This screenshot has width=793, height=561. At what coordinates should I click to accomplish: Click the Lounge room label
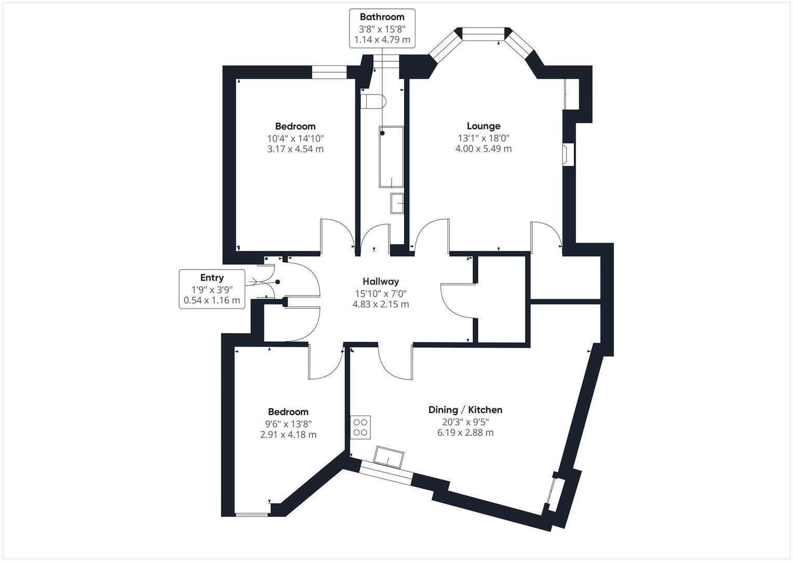tap(483, 126)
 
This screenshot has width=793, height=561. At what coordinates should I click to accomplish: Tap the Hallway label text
tap(381, 281)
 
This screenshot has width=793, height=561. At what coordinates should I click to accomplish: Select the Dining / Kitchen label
tap(465, 410)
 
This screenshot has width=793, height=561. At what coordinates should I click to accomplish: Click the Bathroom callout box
tap(382, 28)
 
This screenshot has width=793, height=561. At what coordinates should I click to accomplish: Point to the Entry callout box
tap(212, 289)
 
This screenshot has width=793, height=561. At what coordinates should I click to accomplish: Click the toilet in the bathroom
tap(373, 101)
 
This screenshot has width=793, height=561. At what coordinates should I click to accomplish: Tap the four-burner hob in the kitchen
tap(360, 427)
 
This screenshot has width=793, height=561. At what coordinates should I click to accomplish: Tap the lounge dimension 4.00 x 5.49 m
tap(483, 149)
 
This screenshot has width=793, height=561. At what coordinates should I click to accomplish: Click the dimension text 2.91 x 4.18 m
tap(288, 434)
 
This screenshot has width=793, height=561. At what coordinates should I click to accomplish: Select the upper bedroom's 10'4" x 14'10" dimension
tap(295, 138)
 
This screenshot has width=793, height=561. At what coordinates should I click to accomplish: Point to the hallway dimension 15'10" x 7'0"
tap(381, 293)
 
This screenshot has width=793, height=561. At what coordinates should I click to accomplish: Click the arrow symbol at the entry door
tap(254, 282)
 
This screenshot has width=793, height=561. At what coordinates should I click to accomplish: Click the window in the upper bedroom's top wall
tap(329, 72)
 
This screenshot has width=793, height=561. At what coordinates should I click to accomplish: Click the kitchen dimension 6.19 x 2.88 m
tap(465, 432)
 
